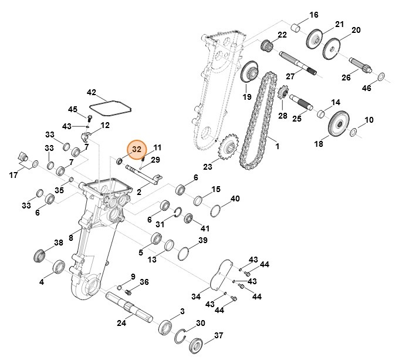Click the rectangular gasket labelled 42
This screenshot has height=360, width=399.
pos(110,106)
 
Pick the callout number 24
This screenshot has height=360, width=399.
pos(121,322)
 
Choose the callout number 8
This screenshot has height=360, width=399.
pos(71,237)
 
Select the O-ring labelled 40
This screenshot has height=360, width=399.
pos(215,210)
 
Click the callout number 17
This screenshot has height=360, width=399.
pos(13,174)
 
